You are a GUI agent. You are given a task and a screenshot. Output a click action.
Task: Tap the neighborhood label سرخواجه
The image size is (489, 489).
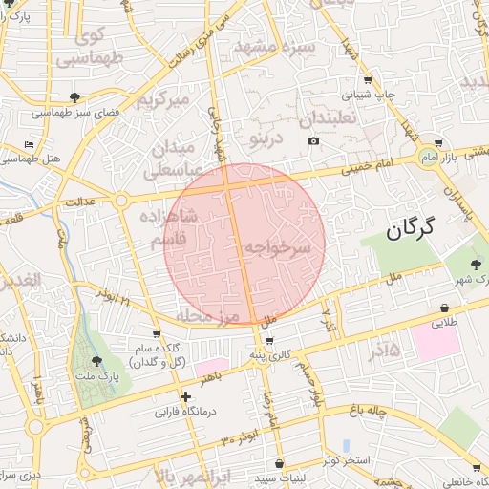[x=278, y=247]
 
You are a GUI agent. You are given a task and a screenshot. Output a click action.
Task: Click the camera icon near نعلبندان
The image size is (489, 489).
[x=314, y=142]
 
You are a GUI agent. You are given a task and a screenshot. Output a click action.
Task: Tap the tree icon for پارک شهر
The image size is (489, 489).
[x=477, y=265]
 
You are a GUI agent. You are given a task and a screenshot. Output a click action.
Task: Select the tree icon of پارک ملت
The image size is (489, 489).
[x=96, y=360]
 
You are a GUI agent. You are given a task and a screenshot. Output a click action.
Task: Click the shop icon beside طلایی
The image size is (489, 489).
[x=446, y=308]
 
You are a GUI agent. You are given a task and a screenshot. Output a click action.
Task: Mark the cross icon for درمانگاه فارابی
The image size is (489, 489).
[x=186, y=396]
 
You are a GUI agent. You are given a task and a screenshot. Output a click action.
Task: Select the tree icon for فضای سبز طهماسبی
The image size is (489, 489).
[x=75, y=97]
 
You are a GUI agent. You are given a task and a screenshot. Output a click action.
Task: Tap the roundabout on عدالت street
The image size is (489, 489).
[x=122, y=201]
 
